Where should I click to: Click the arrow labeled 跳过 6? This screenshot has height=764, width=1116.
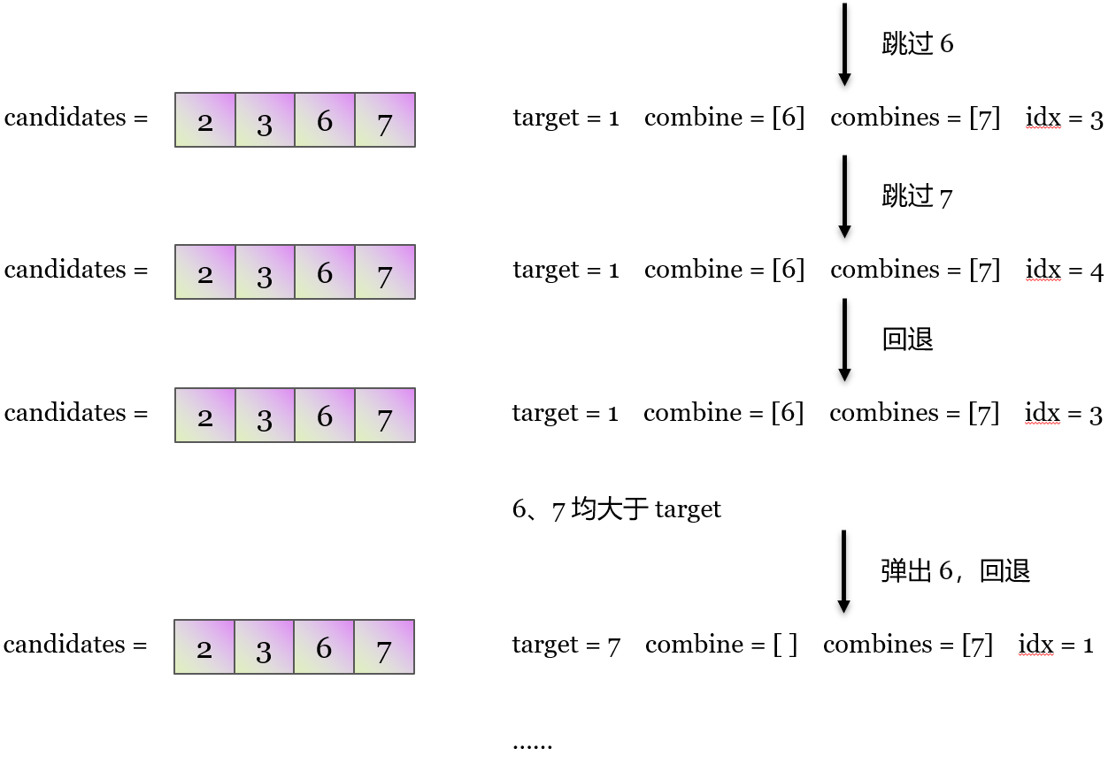pos(844,44)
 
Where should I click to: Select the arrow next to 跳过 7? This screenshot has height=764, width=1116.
pos(844,196)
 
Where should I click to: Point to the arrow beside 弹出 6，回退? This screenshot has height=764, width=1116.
pos(843,571)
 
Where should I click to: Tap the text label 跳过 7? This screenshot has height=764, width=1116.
pos(917,196)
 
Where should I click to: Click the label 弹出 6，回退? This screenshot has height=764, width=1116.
pos(955,571)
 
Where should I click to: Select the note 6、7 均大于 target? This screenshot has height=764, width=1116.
pos(616,509)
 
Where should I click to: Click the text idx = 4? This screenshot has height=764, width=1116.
pos(1064,271)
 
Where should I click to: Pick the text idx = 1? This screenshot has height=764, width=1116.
pos(1056,646)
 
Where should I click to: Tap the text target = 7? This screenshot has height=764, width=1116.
pos(566,646)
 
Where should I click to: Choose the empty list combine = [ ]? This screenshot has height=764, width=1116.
pos(720,646)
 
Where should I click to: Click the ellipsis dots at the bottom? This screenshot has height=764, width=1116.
pos(532,745)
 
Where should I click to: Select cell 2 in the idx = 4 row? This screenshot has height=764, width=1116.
pos(205,272)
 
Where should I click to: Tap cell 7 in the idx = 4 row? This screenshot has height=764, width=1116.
pos(384,272)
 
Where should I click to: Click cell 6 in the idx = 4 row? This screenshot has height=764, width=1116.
pos(325,272)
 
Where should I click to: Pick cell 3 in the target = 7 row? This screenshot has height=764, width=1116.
pos(264,647)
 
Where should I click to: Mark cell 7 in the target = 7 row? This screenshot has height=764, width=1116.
pos(383,647)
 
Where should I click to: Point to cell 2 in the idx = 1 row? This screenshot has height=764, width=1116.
pos(204,647)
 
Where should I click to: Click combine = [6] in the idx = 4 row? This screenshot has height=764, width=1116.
pos(724,271)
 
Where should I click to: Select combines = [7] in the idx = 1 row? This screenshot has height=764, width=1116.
pos(907,646)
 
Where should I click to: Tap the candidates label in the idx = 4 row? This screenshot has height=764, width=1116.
pos(76,271)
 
